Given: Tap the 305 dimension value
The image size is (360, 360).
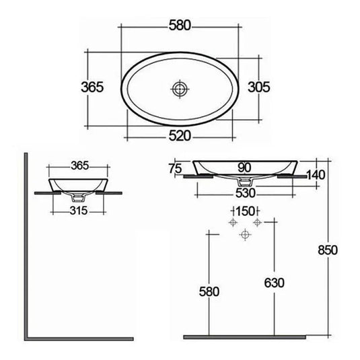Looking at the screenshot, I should tap(259, 87).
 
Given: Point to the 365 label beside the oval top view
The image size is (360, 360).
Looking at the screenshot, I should tap(91, 87).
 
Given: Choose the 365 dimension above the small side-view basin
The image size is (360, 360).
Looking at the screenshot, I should tap(79, 165).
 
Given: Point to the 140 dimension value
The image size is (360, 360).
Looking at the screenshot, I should tap(316, 175).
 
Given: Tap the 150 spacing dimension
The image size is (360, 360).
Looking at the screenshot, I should tap(245, 211).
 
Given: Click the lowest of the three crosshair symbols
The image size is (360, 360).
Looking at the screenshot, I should tap(245, 233).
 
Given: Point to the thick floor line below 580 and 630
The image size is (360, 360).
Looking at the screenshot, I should tap(249, 336).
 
